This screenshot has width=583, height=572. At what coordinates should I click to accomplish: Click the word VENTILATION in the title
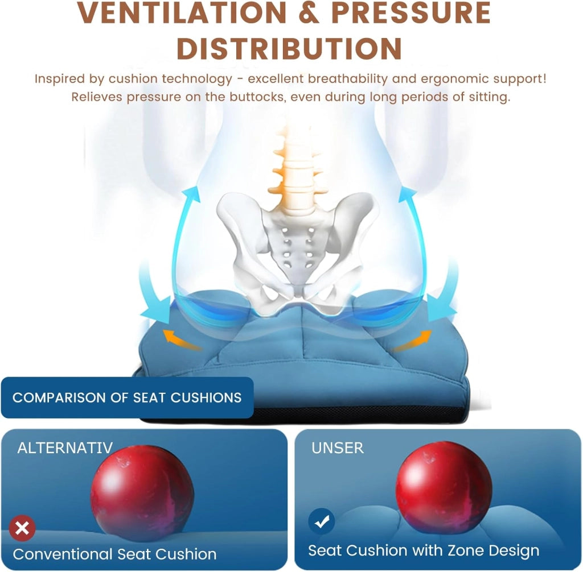[182, 13]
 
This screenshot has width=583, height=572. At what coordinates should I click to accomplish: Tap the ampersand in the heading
[309, 13]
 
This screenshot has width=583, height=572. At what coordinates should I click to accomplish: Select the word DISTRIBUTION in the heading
[289, 49]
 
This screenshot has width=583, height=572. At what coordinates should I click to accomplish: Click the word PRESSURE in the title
[411, 13]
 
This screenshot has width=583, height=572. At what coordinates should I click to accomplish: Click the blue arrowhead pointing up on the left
[192, 194]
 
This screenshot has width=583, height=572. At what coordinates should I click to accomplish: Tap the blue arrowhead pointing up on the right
[408, 194]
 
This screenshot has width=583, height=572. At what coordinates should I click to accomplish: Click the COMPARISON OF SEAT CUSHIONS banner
[127, 397]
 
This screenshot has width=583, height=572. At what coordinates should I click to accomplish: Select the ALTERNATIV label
[65, 448]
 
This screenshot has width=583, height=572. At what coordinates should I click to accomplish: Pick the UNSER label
[338, 448]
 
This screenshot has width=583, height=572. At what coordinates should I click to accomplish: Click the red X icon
[22, 528]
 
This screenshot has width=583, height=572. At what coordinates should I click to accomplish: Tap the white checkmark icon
[322, 521]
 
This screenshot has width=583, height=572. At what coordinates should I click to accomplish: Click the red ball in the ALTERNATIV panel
[142, 493]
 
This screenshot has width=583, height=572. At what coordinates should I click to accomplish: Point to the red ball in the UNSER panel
[444, 487]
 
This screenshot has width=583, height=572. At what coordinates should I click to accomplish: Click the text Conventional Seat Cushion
[114, 554]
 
